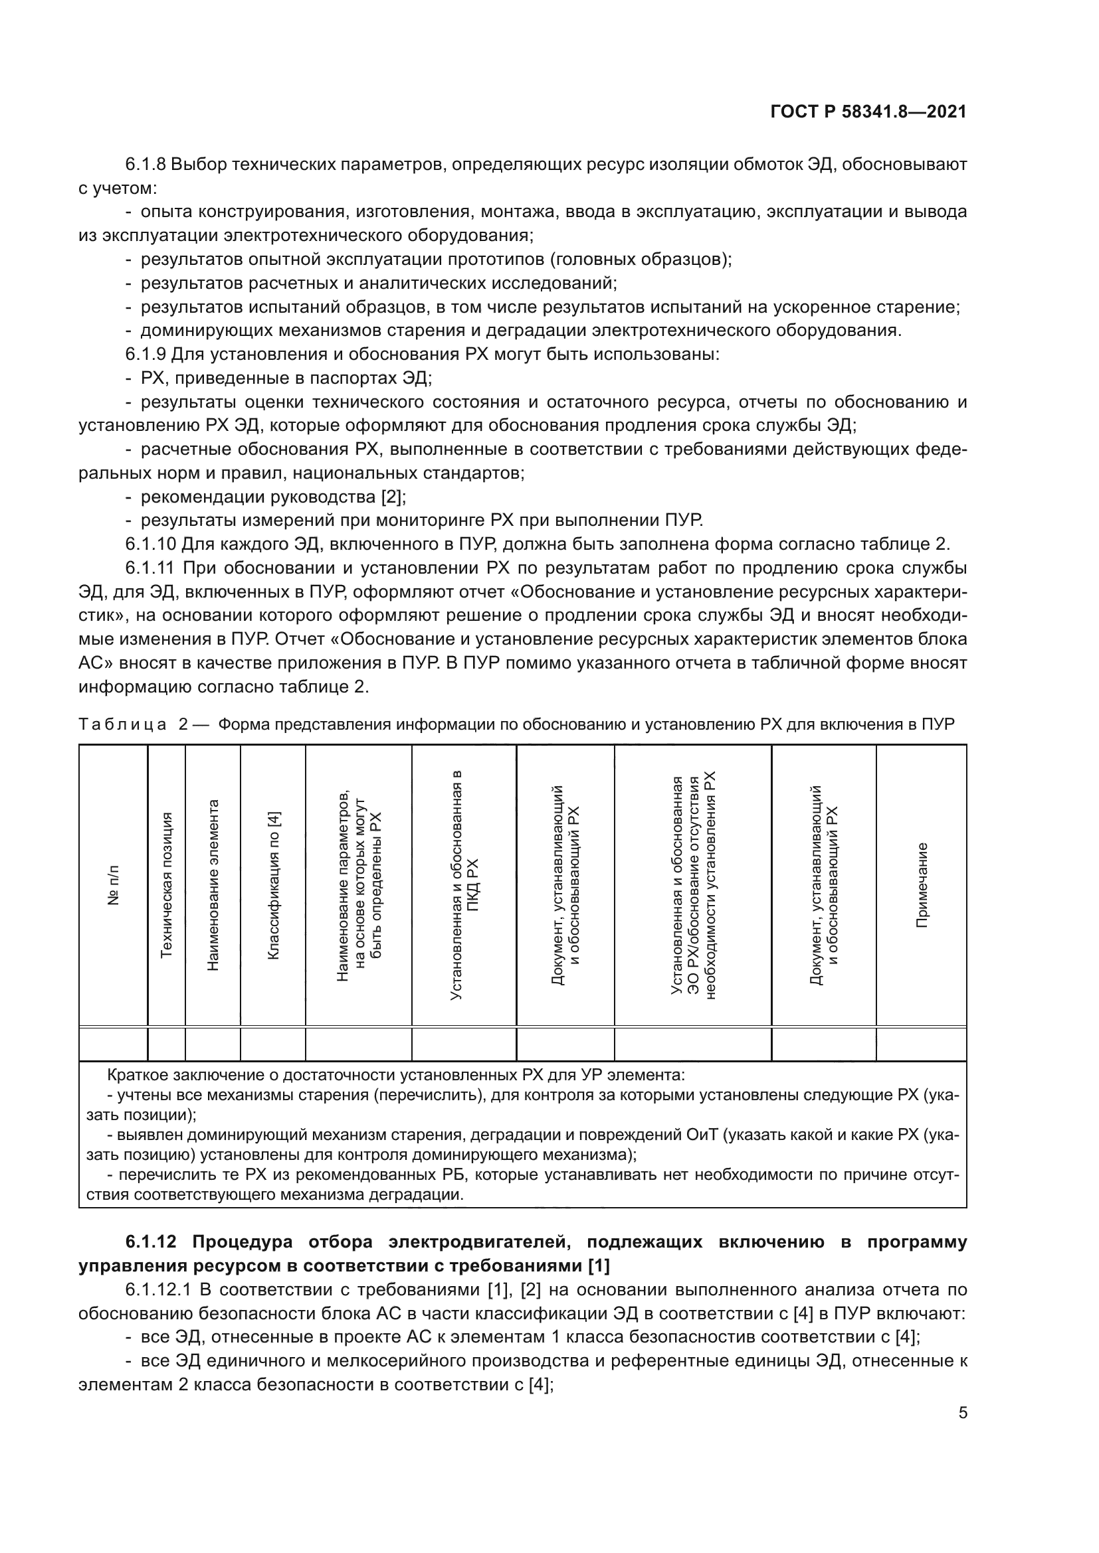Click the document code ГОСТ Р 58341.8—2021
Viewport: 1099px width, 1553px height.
[x=868, y=112]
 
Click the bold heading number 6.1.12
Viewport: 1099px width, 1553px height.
[x=151, y=1242]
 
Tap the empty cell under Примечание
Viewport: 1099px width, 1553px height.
[x=921, y=1044]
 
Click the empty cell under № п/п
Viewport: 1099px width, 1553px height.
[x=114, y=1044]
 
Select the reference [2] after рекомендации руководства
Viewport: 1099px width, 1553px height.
[x=392, y=497]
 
